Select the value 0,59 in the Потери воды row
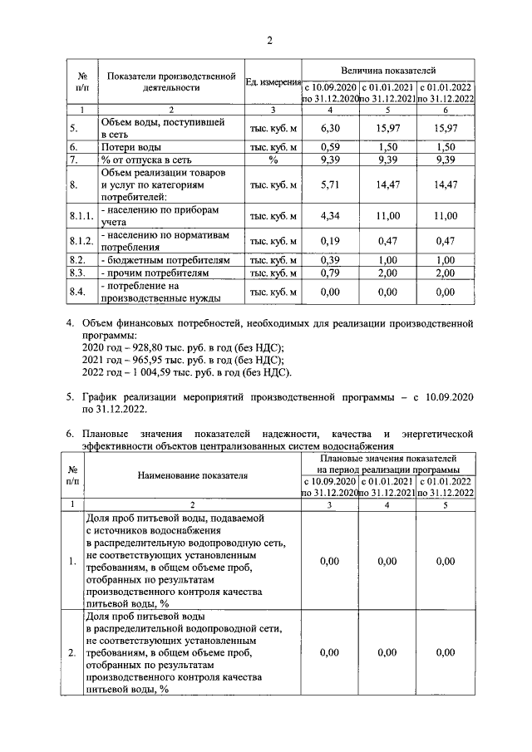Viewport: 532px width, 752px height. [x=330, y=147]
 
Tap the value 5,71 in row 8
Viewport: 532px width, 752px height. [x=330, y=185]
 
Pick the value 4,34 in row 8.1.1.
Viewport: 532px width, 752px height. [x=330, y=216]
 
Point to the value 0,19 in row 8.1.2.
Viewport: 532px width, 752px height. [x=330, y=242]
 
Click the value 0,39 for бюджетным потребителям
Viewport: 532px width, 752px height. [x=330, y=260]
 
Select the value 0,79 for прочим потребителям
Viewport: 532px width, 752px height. [x=330, y=273]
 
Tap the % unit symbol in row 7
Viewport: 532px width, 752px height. [x=273, y=160]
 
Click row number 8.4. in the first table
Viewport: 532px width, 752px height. [x=79, y=292]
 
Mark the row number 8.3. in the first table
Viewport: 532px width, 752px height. [x=79, y=273]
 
